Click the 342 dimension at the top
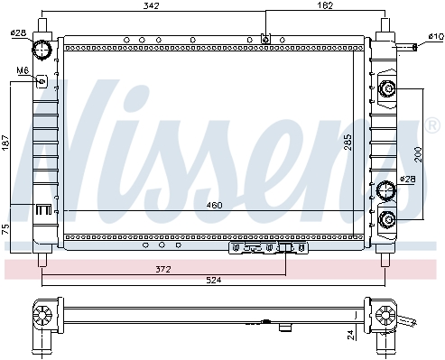coord(151,5)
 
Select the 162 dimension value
coord(325,5)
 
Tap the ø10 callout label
coord(436,37)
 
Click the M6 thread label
coord(23,70)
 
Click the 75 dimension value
coord(5,229)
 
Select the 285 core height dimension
coord(348,143)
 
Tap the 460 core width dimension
coord(214,205)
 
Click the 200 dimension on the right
coord(419,154)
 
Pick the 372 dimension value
coord(163,269)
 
